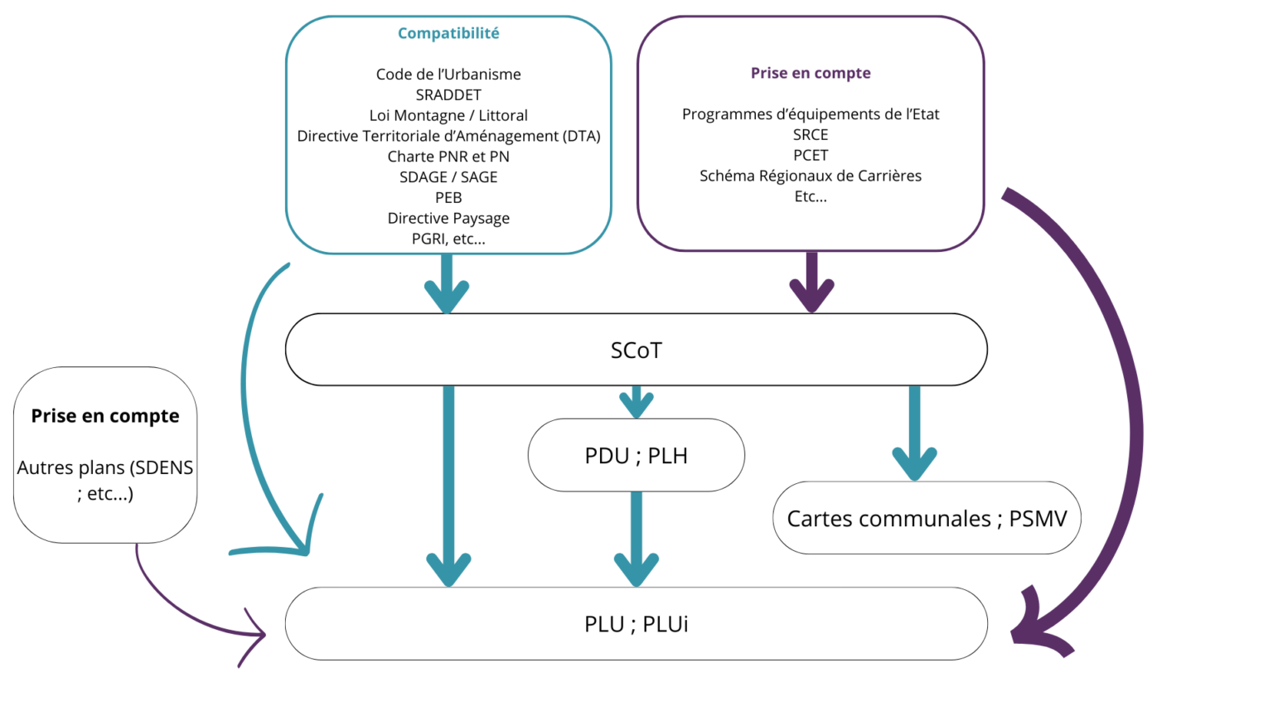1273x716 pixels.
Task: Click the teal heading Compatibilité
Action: pos(448,33)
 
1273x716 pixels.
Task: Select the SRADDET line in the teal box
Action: pos(448,94)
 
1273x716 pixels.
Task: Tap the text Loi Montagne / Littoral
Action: pos(448,115)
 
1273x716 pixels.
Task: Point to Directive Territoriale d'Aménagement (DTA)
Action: pos(448,136)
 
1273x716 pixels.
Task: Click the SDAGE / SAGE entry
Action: pos(448,177)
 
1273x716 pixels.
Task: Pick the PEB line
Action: pos(448,197)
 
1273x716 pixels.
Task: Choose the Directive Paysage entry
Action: pos(448,218)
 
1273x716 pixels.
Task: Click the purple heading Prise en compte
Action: pos(811,73)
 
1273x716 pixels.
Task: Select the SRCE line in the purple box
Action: pos(811,134)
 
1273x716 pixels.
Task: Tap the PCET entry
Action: pos(811,155)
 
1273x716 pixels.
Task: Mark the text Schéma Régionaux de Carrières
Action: pos(811,176)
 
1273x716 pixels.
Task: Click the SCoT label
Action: pos(636,351)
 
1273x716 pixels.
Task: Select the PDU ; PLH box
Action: pos(636,456)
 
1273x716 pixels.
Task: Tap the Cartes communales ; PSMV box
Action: pos(927,519)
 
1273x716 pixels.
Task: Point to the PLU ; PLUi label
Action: pos(636,624)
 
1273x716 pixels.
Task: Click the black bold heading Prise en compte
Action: pos(105,416)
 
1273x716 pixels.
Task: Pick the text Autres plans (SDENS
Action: pos(105,467)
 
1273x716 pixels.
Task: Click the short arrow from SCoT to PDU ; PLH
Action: pos(636,403)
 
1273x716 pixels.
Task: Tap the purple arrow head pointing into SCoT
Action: pos(811,293)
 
